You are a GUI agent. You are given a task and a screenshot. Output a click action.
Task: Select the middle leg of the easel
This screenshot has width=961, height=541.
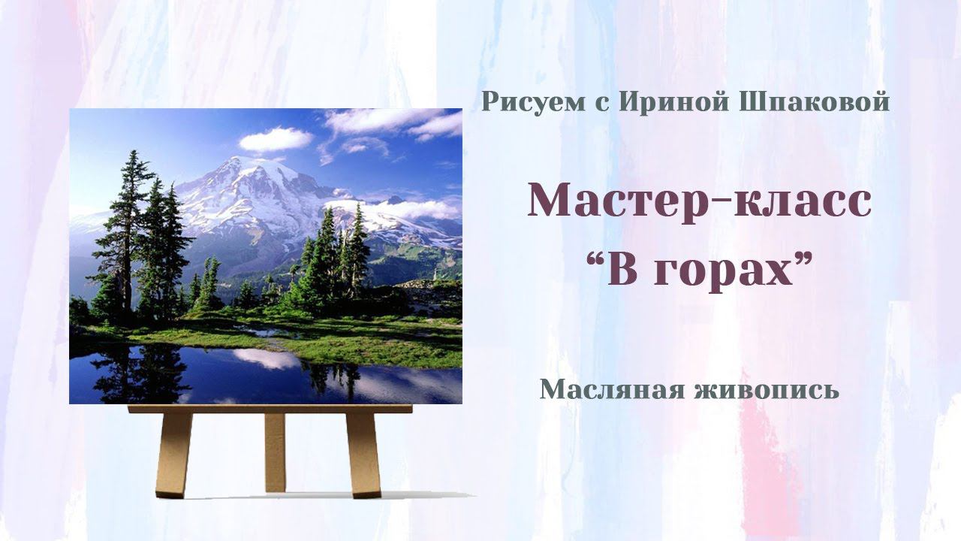275,451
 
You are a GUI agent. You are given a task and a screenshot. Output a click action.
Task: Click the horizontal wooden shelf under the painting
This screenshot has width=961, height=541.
270,410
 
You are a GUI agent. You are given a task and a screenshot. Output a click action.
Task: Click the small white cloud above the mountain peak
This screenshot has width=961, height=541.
275,139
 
